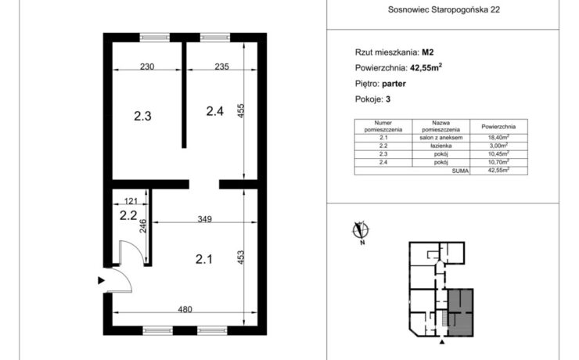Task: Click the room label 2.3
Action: click(142, 117)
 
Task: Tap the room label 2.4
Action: click(215, 111)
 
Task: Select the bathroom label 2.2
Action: click(128, 215)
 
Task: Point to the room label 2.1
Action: click(204, 259)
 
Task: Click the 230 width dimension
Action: click(147, 67)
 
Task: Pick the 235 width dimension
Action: click(221, 67)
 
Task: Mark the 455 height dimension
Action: click(240, 111)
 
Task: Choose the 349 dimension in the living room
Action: click(204, 219)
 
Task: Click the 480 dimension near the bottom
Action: click(185, 309)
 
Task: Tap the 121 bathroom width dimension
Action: click(131, 201)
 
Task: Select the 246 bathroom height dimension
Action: click(143, 226)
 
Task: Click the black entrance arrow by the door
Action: click(101, 281)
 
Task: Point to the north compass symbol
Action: click(361, 231)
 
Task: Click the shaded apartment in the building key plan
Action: click(461, 312)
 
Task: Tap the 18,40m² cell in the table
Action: click(498, 138)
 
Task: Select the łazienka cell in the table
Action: click(441, 146)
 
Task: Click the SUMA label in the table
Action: click(460, 171)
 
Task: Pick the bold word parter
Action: click(394, 84)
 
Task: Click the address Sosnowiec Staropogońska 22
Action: click(444, 10)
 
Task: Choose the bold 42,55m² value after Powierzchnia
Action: click(426, 67)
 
